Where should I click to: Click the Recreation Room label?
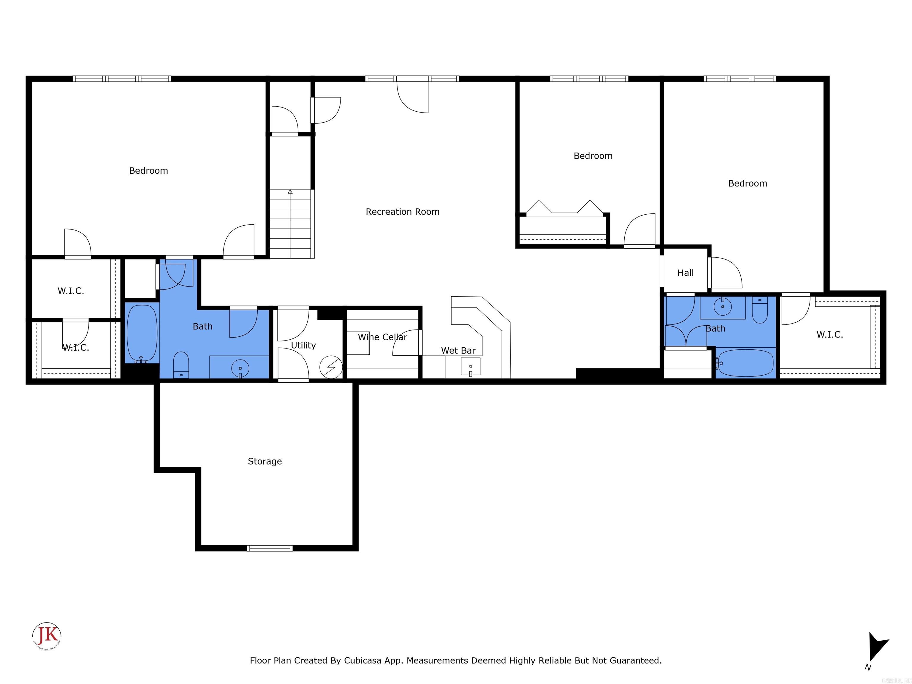(x=402, y=212)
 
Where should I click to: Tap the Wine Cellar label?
(x=382, y=337)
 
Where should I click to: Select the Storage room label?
(x=265, y=461)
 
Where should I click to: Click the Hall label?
(x=685, y=273)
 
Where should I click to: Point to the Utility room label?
(x=303, y=346)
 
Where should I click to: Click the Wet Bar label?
(x=458, y=350)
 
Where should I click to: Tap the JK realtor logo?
(x=47, y=635)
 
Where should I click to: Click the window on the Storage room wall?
(x=270, y=548)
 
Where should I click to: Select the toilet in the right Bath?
(x=759, y=312)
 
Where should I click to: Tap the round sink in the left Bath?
(x=240, y=367)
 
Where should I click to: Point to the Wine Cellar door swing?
(x=406, y=342)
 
